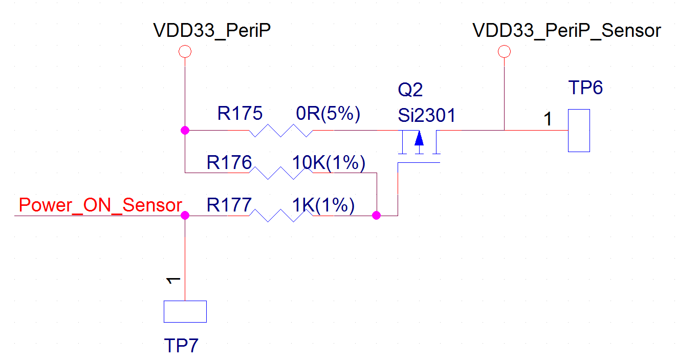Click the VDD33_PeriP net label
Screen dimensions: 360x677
point(212,31)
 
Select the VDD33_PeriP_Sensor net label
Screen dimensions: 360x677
point(566,31)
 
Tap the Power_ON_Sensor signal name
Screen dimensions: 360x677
point(100,205)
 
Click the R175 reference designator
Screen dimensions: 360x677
point(239,113)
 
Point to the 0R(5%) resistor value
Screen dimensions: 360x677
point(329,113)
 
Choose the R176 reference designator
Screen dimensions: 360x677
point(229,163)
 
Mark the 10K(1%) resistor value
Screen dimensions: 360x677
point(328,163)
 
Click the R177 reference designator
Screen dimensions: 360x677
point(229,205)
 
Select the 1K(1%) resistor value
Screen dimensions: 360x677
point(323,205)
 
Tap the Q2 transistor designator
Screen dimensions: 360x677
point(410,91)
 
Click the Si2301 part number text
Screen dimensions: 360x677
point(426,115)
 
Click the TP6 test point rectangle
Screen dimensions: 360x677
point(579,131)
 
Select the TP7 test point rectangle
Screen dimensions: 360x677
point(185,311)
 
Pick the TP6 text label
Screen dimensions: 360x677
point(585,88)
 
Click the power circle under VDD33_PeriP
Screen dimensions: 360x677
point(184,51)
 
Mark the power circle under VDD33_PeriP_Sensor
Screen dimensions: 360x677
point(505,51)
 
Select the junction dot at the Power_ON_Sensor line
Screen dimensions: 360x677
point(185,216)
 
